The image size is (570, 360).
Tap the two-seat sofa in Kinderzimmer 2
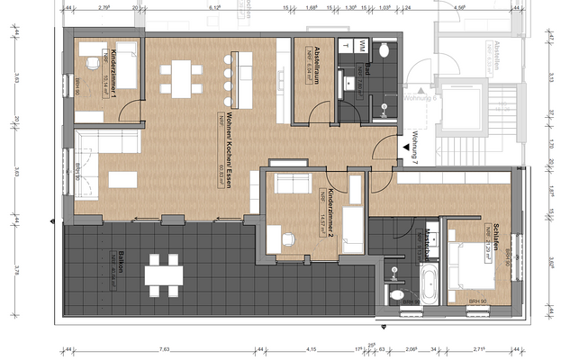[x=292, y=184]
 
